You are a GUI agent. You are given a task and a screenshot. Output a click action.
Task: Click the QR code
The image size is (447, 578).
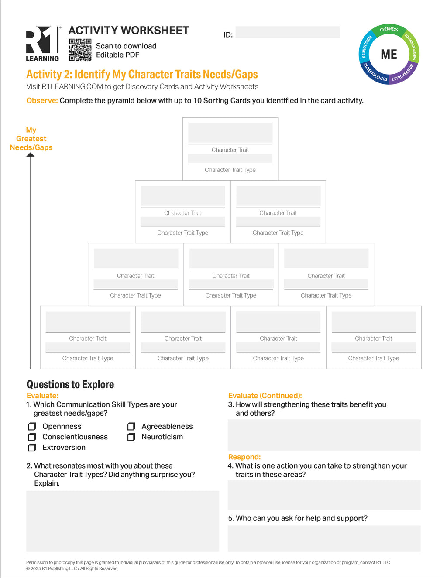(x=80, y=50)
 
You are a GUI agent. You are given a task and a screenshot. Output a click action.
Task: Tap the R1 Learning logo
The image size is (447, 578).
(x=43, y=44)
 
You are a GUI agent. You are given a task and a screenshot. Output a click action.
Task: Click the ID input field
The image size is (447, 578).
(x=287, y=32)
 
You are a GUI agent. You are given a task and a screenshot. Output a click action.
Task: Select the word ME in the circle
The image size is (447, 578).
(x=389, y=54)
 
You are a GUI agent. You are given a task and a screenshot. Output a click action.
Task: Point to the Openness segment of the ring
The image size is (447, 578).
(x=389, y=29)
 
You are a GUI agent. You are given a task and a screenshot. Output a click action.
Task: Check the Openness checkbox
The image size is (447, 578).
(x=32, y=426)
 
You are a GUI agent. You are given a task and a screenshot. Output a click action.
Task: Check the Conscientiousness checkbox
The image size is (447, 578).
(x=32, y=437)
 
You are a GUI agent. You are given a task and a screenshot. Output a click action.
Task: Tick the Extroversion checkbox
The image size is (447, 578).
(x=32, y=448)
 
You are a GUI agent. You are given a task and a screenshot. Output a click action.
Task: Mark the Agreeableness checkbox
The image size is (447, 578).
(x=131, y=426)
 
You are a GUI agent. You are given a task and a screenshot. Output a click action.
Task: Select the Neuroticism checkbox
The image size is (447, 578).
(x=131, y=437)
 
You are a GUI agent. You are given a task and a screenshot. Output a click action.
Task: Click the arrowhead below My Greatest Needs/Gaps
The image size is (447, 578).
(x=30, y=155)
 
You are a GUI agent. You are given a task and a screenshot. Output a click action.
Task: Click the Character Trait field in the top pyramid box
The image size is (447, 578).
(x=230, y=133)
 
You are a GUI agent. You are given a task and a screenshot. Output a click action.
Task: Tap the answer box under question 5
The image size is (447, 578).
(x=324, y=538)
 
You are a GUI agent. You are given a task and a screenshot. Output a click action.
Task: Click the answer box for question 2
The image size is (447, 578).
(x=123, y=521)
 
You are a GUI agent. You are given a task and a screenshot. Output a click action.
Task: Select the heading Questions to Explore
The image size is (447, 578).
(x=70, y=385)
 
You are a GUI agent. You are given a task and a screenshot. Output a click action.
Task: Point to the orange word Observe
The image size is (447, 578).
(x=42, y=100)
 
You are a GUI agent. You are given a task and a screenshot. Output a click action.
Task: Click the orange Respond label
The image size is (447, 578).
(x=244, y=457)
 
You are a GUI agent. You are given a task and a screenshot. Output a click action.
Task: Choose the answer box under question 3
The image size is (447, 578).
(x=324, y=435)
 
